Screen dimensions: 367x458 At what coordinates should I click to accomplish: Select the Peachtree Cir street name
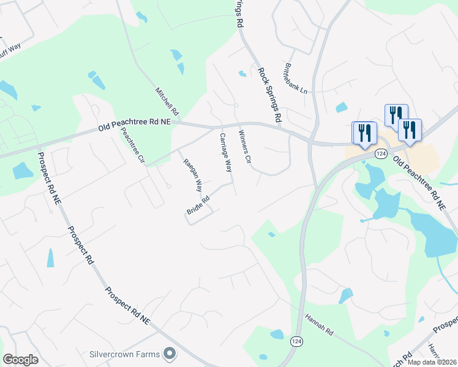coord(132,146)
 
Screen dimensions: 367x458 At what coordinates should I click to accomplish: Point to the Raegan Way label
coord(192,174)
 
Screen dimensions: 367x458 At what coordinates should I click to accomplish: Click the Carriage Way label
coord(226,152)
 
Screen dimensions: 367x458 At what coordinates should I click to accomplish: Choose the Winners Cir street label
coord(245,147)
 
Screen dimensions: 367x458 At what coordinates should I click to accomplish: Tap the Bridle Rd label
coord(198,205)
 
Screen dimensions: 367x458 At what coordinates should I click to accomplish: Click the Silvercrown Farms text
coord(125,354)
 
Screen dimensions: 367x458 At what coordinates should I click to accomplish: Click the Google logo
coord(20,360)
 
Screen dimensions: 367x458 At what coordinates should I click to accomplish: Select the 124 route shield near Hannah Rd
coord(296,341)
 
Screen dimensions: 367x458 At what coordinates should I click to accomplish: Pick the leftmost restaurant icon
coord(363,133)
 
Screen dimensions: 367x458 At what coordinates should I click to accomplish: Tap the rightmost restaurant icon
coord(409,129)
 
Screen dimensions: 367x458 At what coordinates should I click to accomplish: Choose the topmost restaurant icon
coord(396,114)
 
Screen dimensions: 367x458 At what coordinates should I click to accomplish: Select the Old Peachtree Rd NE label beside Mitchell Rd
coord(135,126)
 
